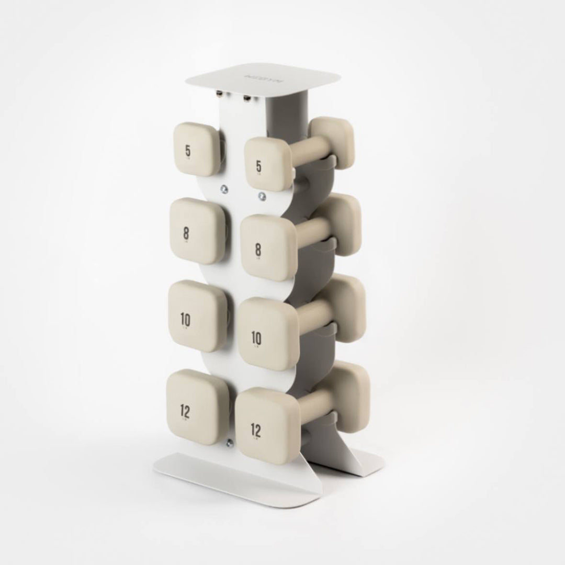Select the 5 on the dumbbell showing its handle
point(258,167)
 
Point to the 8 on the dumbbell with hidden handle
point(186,233)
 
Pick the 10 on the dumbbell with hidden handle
point(185,319)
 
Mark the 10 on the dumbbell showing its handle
point(256,338)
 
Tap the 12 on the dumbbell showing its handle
point(255,431)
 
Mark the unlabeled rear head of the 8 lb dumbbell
point(341,222)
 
